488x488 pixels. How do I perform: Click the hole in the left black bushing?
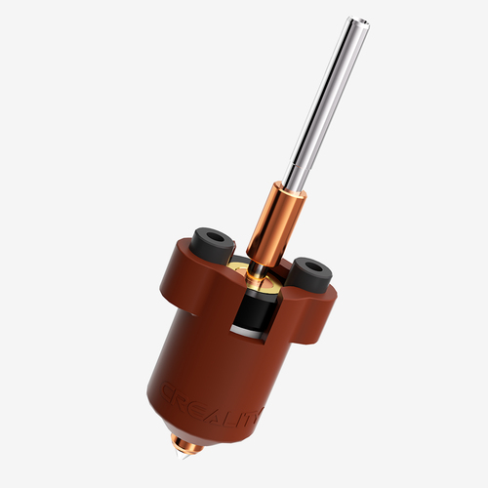[214, 236]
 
